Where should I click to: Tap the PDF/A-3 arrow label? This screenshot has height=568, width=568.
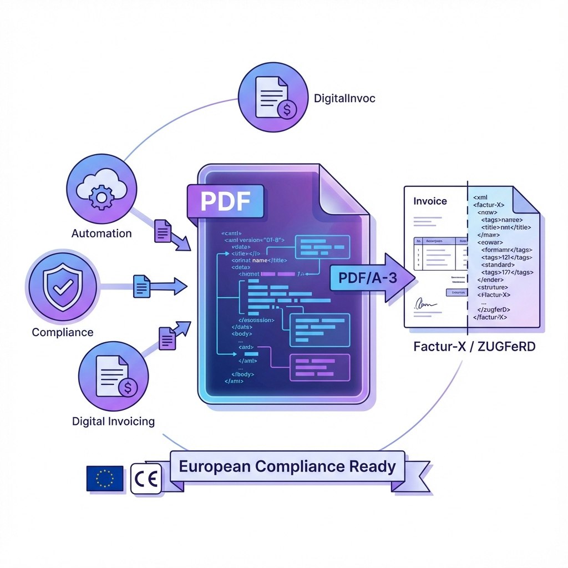pyautogui.click(x=364, y=278)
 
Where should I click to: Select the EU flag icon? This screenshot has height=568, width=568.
pyautogui.click(x=104, y=478)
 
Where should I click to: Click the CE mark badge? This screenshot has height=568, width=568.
pyautogui.click(x=146, y=478)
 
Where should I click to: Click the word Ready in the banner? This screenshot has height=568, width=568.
pyautogui.click(x=373, y=466)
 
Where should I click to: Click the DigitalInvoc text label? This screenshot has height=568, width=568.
pyautogui.click(x=344, y=98)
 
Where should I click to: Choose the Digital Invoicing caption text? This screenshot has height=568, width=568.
pyautogui.click(x=113, y=421)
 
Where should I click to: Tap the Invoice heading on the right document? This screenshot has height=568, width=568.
pyautogui.click(x=430, y=201)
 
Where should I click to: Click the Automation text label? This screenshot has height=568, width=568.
pyautogui.click(x=102, y=233)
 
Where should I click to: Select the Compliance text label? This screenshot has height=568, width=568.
pyautogui.click(x=62, y=332)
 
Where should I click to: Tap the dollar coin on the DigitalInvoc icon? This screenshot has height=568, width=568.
pyautogui.click(x=287, y=109)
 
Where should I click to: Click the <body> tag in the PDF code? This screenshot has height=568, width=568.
pyautogui.click(x=243, y=334)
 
